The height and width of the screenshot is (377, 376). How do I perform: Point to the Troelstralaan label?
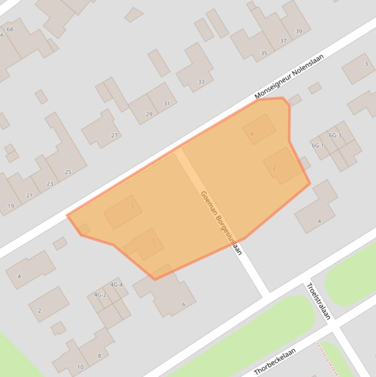318,301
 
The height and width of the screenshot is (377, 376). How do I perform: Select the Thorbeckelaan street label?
275,361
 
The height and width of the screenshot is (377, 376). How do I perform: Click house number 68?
10,29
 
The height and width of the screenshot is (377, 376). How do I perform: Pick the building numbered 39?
299,31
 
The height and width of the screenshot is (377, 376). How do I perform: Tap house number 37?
283,41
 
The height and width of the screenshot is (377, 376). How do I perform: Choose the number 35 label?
264,53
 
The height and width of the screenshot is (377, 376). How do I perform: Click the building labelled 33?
201,82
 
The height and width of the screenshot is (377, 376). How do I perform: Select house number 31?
167,103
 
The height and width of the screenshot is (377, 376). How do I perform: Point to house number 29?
149,114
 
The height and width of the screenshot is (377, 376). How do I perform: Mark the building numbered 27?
114,135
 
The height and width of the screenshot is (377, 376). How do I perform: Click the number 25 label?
68,172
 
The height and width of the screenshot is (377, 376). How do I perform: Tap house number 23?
50,184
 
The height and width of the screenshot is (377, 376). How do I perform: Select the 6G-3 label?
335,135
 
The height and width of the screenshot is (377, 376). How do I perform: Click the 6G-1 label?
318,145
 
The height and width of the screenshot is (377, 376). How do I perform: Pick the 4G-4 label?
116,284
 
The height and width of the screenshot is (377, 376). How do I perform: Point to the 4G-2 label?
100,295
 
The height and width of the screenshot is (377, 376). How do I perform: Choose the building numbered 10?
80,367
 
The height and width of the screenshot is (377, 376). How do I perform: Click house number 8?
99,355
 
